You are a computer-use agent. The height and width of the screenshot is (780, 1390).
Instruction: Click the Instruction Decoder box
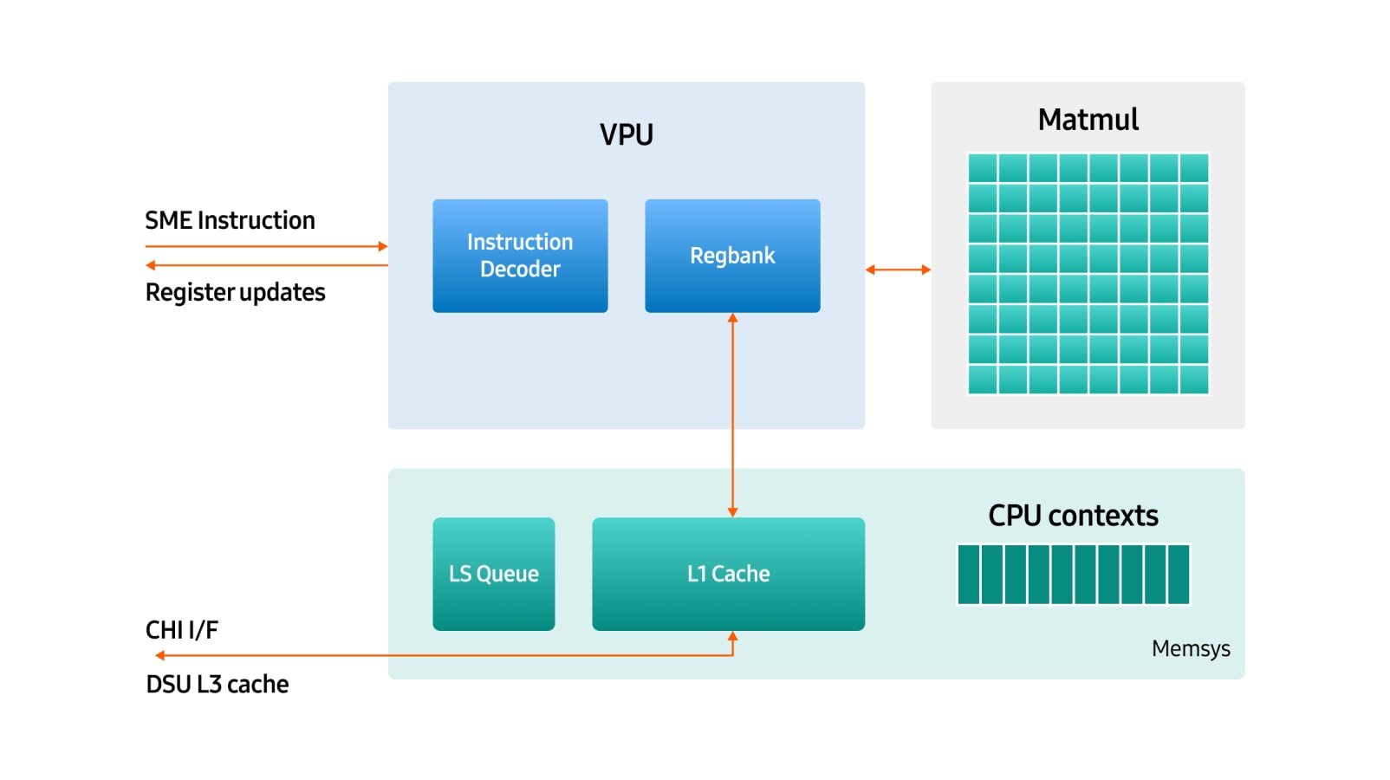tap(520, 256)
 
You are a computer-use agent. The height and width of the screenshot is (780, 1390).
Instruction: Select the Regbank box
tap(732, 256)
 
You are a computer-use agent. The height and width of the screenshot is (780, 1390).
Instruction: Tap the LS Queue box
tap(494, 574)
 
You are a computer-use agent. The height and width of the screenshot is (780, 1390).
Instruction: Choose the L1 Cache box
tap(728, 574)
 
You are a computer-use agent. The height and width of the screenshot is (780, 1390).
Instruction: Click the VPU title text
tap(627, 135)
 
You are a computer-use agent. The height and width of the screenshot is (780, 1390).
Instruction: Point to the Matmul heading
tap(1088, 120)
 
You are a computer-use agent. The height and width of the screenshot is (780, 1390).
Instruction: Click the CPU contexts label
tap(1073, 516)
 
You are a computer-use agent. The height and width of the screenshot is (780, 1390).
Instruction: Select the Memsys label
tap(1191, 649)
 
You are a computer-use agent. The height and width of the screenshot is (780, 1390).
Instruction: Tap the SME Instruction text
tap(230, 221)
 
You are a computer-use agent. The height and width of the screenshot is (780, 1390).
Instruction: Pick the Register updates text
tap(235, 293)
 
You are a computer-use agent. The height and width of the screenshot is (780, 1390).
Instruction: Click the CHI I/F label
tap(182, 630)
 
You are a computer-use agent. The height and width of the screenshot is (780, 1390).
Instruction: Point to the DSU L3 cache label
tap(217, 685)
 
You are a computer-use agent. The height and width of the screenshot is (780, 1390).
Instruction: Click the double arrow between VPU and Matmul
tap(898, 270)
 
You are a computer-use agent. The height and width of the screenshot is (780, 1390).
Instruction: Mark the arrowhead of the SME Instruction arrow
tap(383, 246)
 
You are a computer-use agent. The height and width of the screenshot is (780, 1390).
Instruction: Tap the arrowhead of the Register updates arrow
tap(151, 265)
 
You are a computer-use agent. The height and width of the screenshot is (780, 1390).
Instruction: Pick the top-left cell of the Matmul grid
tap(983, 167)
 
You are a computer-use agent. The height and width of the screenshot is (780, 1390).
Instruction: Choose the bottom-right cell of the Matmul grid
tap(1194, 380)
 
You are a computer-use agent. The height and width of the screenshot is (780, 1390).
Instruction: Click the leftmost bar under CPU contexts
tap(969, 574)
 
